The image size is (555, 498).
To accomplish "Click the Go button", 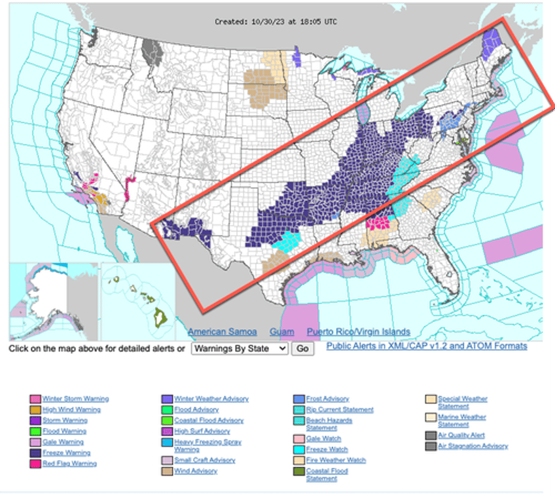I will coord(302,349).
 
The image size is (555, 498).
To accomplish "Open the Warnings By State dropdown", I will coord(239,349).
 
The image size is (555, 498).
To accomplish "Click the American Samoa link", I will coord(222,332).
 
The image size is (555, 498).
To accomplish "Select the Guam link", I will coord(281,332).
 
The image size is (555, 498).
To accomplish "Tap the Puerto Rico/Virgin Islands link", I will coord(358,332).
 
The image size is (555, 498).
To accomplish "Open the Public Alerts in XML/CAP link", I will coord(426,346).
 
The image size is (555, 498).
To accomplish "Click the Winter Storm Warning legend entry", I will coord(75,399).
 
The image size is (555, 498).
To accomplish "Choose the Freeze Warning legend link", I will coord(66,453).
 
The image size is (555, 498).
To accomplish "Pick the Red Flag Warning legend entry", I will coord(69,463).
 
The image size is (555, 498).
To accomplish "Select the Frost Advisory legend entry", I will coord(327,399).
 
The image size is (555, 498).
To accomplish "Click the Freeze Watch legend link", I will coord(327,450).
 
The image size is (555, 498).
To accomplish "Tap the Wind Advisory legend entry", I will coord(196,471).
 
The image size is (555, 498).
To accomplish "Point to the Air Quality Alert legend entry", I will coord(461,435).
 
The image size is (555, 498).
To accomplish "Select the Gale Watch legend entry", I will coord(325,438).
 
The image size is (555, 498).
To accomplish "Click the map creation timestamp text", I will coord(276,22).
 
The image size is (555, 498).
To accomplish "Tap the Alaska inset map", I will coord(52,301).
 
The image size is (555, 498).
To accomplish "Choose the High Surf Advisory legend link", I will coord(202,431).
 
